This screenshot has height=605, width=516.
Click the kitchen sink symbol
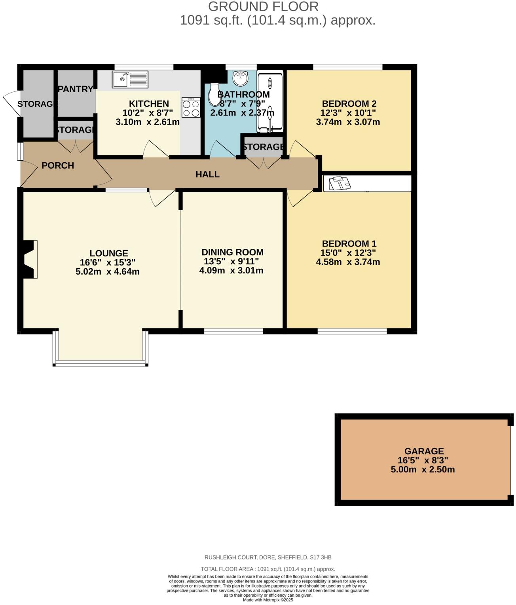(x=130, y=80)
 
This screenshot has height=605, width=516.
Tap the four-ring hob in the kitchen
(x=191, y=108)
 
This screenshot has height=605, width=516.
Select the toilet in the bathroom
(x=213, y=94)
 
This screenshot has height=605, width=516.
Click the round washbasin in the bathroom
(x=240, y=78)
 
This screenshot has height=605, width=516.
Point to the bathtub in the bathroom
(x=270, y=101)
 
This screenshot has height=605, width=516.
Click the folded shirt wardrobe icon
(x=340, y=184)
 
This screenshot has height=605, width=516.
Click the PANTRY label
(x=76, y=89)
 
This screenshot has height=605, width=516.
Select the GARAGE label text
(x=424, y=451)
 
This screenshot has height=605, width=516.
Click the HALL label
(x=207, y=174)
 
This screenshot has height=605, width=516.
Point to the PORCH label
(x=58, y=165)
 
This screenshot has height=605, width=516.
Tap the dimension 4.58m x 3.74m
(x=348, y=262)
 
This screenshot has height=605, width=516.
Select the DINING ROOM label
(x=232, y=252)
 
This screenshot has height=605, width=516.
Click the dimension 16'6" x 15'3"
(x=108, y=262)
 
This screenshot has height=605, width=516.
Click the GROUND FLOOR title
(x=263, y=7)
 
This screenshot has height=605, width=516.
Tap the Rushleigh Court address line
(x=268, y=557)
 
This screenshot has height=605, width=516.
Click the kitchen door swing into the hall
(x=155, y=150)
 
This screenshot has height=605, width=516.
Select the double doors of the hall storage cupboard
(x=262, y=163)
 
